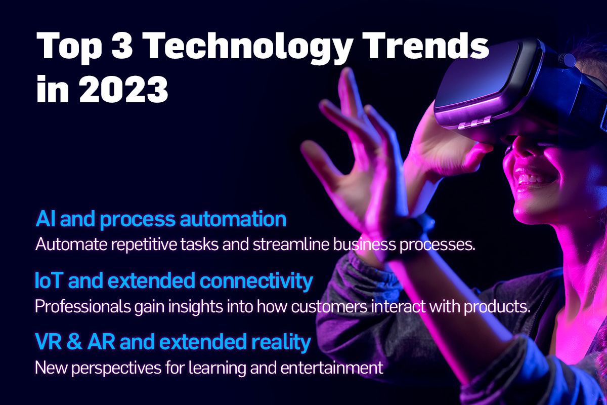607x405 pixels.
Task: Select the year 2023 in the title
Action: click(123, 89)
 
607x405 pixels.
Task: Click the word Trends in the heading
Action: click(425, 45)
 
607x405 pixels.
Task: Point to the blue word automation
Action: click(233, 219)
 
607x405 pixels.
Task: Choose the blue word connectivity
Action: click(256, 281)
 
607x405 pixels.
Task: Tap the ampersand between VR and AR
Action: click(74, 342)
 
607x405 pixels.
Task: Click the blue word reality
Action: click(281, 343)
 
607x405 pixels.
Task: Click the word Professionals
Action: click(82, 306)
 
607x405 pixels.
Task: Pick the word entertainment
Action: click(332, 368)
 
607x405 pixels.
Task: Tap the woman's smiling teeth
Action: click(533, 178)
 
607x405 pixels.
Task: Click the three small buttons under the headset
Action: click(474, 123)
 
